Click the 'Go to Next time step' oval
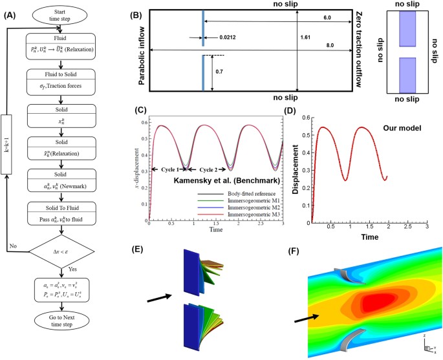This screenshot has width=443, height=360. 62,341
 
